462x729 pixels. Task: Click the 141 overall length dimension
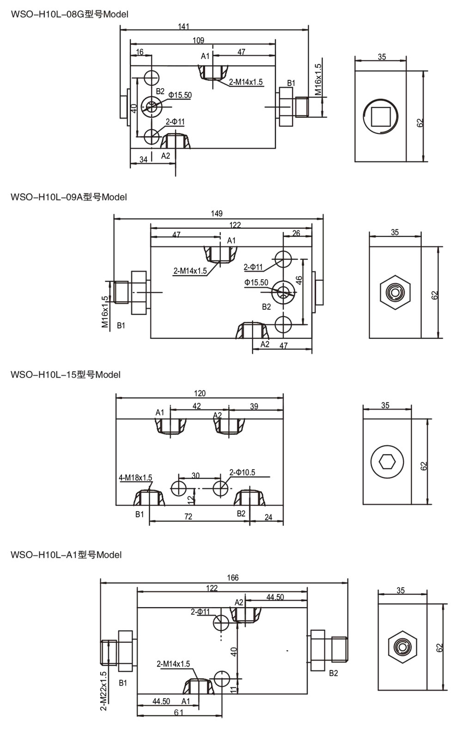184,27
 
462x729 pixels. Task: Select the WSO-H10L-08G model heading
69,14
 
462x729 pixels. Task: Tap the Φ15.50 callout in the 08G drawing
180,95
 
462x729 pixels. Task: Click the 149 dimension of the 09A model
217,213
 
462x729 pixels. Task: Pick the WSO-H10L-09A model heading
68,197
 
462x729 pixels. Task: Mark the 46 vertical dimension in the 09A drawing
299,281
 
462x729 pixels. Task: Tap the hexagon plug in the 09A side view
395,292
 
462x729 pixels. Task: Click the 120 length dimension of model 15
200,393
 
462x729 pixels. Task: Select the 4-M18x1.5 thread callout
135,478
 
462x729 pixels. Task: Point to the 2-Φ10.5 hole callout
242,472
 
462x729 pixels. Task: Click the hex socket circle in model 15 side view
387,461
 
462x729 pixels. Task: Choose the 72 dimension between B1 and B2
188,517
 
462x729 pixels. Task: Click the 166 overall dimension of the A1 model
233,578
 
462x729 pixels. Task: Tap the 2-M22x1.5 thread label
103,691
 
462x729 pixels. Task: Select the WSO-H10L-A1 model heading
66,554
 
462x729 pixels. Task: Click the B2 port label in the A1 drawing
334,673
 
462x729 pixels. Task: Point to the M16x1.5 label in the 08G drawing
318,79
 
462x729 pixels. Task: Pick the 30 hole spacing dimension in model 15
195,476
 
